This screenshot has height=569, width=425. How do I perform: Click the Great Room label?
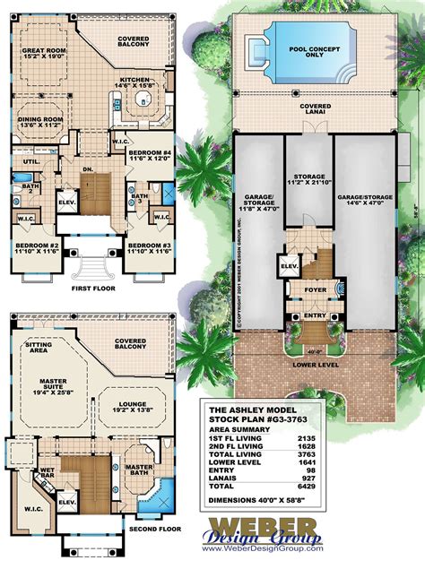point(46,51)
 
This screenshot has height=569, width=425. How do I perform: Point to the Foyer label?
point(314,289)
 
